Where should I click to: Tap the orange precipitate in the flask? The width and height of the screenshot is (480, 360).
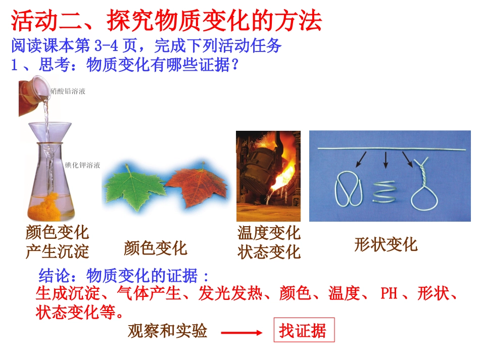click(x=52, y=206)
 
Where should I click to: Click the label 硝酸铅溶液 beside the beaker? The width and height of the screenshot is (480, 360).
click(x=68, y=91)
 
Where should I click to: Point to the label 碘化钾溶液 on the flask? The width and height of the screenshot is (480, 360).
click(x=82, y=165)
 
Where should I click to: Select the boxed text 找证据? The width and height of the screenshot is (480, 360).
click(x=303, y=331)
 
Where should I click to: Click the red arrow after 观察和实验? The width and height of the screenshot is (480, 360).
click(x=242, y=332)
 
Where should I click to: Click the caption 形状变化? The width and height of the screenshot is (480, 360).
click(x=386, y=245)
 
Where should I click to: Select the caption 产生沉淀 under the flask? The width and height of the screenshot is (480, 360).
click(x=57, y=251)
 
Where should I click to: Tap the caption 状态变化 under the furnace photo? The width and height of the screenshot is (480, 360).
click(x=269, y=251)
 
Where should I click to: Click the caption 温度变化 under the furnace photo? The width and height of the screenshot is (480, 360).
click(x=269, y=233)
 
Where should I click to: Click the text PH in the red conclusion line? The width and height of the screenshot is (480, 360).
click(x=389, y=293)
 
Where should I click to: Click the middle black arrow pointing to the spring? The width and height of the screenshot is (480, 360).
click(x=386, y=160)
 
